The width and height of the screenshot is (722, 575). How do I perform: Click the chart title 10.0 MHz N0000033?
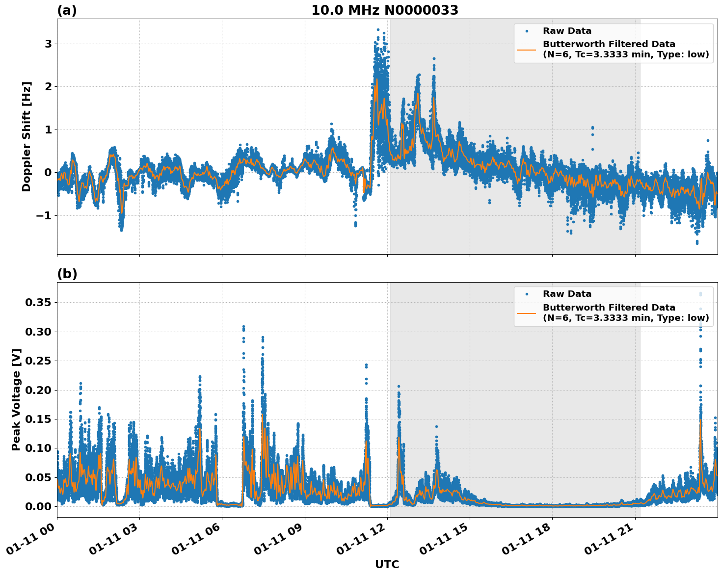385,10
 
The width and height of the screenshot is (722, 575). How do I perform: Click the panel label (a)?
67,10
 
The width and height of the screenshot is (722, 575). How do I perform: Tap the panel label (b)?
67,274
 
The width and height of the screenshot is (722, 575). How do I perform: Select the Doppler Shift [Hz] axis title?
27,136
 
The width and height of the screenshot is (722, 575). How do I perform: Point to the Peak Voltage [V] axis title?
16,399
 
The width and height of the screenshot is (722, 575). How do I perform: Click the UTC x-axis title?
387,564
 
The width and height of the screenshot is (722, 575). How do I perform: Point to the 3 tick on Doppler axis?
48,44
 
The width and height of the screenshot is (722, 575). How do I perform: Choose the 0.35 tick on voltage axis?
38,303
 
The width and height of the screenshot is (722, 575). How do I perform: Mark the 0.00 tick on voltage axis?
38,506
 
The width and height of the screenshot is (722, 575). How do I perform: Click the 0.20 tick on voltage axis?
38,390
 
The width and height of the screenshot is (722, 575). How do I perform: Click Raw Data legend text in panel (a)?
567,31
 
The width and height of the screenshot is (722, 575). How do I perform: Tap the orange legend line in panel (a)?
526,50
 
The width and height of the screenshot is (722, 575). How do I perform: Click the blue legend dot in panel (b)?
526,294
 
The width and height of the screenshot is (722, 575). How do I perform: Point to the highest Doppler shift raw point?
378,30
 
